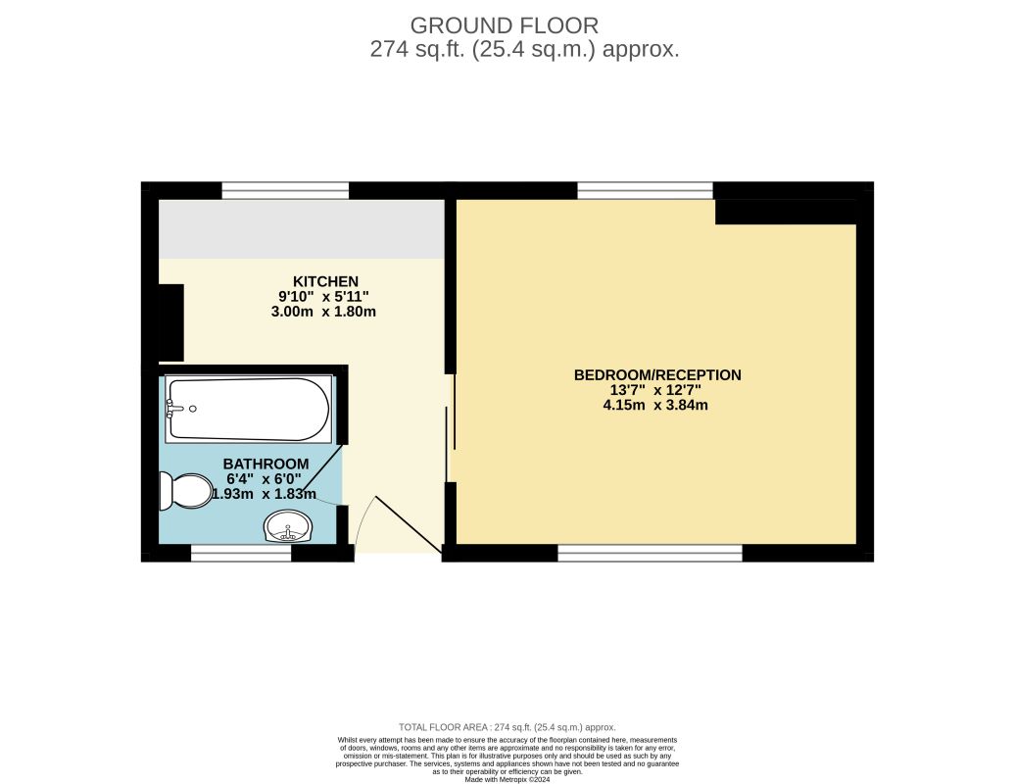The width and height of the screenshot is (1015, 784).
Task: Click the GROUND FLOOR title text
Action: [504, 25]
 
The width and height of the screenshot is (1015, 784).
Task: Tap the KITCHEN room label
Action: [324, 281]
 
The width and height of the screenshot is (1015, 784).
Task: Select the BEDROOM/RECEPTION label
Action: [656, 374]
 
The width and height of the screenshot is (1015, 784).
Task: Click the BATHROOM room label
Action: [266, 464]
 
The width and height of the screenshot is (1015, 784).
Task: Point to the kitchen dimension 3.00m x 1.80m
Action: [323, 312]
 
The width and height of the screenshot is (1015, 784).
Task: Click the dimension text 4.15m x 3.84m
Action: [655, 404]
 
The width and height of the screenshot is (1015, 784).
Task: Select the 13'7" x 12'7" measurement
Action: [655, 389]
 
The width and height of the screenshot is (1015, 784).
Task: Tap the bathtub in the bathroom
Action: [249, 410]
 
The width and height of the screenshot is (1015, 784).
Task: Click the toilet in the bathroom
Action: [187, 490]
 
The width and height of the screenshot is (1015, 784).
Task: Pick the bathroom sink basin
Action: [288, 529]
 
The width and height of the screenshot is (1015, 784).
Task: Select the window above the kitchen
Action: [285, 190]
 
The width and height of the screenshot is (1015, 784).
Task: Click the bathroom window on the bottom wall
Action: [241, 555]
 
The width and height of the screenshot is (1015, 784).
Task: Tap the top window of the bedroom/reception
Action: [645, 190]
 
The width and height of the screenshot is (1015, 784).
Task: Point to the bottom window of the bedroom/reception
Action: [650, 555]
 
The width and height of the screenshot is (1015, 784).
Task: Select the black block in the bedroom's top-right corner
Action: [786, 212]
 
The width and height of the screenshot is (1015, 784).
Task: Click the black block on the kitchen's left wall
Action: [170, 321]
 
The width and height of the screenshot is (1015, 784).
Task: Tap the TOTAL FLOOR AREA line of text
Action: [507, 727]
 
